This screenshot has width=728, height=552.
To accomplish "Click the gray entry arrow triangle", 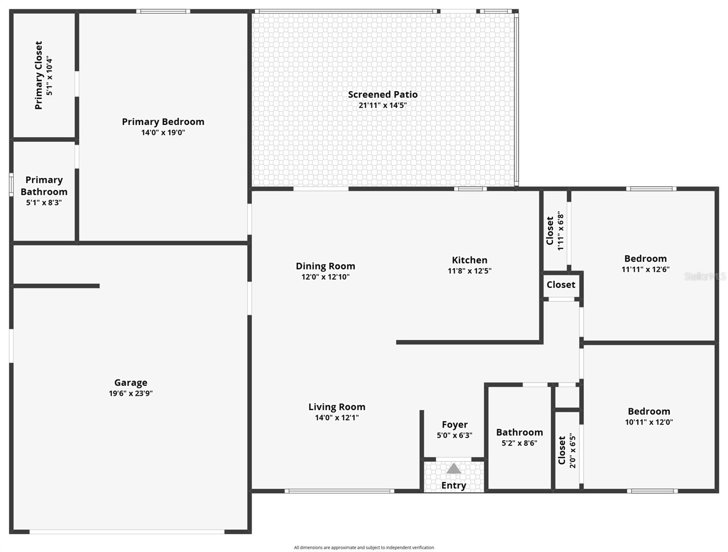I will click(x=454, y=469).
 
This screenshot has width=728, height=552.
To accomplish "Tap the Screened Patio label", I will click(x=382, y=94).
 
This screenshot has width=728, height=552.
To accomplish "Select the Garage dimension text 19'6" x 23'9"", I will click(x=131, y=393).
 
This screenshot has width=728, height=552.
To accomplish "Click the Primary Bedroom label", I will click(x=163, y=121).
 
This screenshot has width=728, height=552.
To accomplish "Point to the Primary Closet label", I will click(x=39, y=75).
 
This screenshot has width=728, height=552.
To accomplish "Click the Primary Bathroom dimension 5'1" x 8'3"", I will click(x=44, y=202).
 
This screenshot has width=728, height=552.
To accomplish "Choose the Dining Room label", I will click(x=325, y=266).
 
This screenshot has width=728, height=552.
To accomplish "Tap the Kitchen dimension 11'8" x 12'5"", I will click(x=469, y=271).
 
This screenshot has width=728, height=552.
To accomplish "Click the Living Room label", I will click(x=337, y=407).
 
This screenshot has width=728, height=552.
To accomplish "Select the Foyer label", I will click(x=455, y=425).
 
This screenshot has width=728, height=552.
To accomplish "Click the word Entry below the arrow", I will click(x=454, y=485).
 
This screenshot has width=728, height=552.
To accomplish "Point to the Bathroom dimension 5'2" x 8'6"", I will click(x=519, y=443).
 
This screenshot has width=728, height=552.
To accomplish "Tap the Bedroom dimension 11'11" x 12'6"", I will click(x=645, y=270).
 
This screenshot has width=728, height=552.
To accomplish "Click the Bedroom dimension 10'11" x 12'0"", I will click(x=649, y=422).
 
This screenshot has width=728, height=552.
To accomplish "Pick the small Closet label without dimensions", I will click(x=561, y=285).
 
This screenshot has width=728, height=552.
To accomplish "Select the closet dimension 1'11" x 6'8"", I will click(x=560, y=231).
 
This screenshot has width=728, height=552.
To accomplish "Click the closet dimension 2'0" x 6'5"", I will click(x=572, y=450).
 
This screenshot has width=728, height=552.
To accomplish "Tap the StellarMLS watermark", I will click(x=705, y=276).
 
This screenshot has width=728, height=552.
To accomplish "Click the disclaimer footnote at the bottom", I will click(x=364, y=547).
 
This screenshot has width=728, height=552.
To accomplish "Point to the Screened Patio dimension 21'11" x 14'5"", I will click(x=382, y=105).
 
